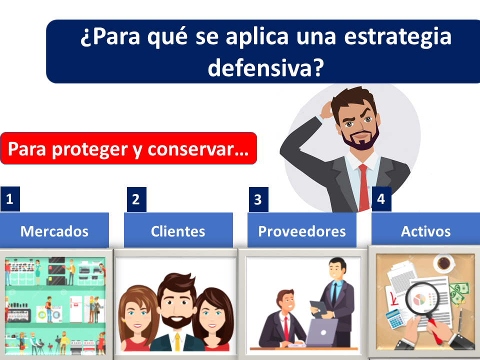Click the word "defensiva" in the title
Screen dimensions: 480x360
pos(261,67)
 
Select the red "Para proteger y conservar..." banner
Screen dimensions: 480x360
pos(128,148)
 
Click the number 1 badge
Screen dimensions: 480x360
pos(10,199)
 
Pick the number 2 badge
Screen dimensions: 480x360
pos(136,199)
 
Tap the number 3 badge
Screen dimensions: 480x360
pos(258,199)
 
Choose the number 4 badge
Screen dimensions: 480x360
pos(381,199)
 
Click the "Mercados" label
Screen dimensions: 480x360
pos(54,230)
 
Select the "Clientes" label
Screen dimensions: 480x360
pos(178,230)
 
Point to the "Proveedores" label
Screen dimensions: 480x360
pos(302,230)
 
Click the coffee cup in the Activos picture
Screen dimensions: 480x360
pos(444,263)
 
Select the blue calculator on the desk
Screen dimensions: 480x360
pos(395,319)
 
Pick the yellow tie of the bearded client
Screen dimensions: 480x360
pos(177,341)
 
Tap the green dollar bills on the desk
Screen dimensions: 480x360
pos(458,294)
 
